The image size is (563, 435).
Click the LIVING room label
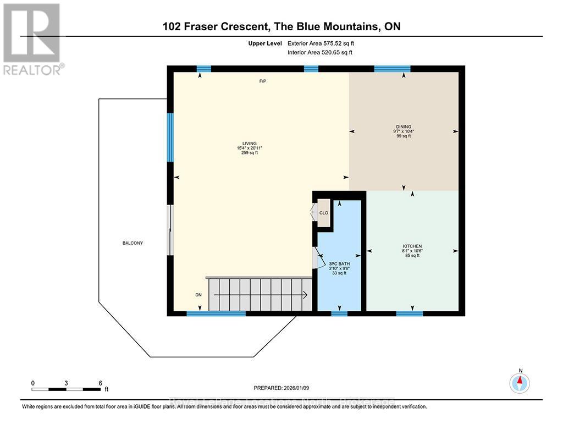coord(249,144)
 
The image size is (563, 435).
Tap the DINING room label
coord(402,126)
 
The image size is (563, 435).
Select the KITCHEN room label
coord(412,246)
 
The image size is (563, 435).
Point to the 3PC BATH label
coord(340,264)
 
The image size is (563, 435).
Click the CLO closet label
coord(324,213)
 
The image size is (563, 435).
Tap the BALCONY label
coord(133,243)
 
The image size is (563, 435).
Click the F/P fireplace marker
coord(263,81)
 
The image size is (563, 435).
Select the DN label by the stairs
coord(199,295)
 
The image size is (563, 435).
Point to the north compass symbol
coord(520,382)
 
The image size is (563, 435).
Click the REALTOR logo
coord(32,38)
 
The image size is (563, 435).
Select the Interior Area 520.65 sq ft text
coord(319,53)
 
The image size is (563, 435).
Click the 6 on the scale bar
coord(100,383)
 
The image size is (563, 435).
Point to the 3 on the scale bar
coord(66,383)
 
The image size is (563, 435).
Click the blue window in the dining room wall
coord(392,69)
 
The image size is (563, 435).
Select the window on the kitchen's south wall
coord(409,313)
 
